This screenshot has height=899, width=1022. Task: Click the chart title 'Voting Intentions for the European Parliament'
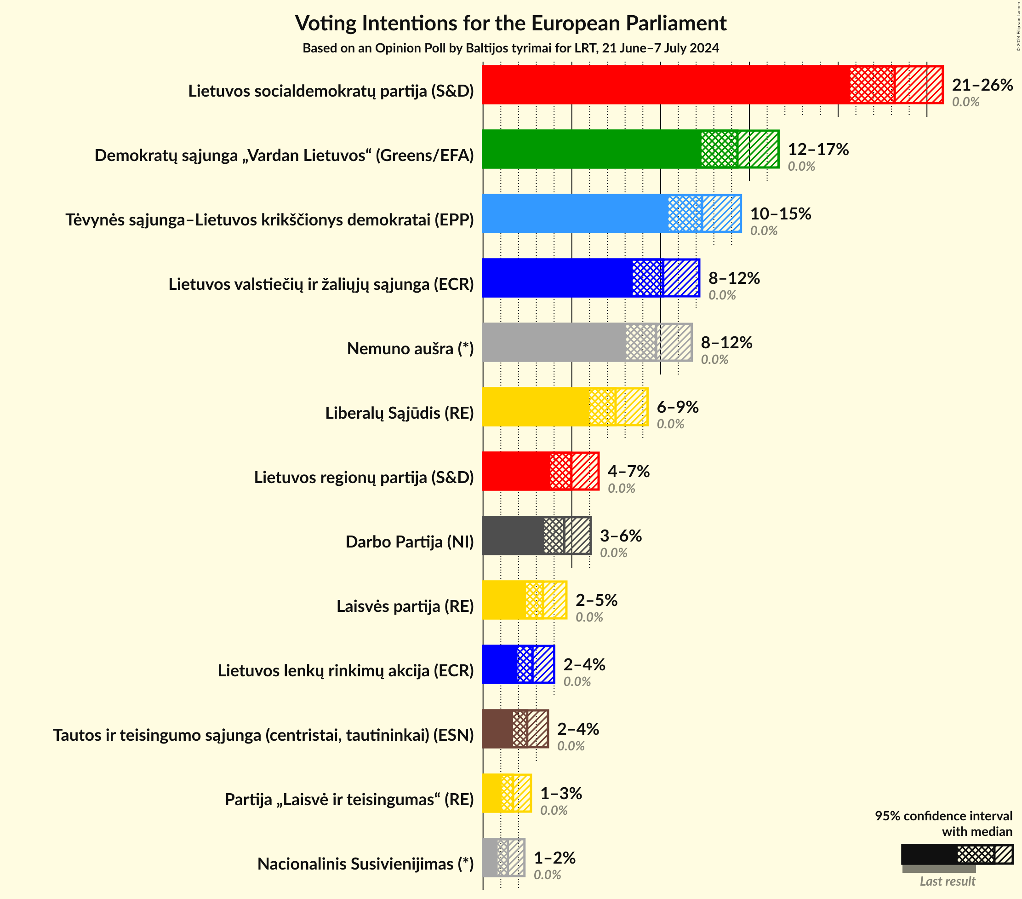(x=510, y=23)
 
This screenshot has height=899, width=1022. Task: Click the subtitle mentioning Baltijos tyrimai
(x=510, y=48)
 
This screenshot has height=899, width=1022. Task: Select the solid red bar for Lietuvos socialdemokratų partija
(x=665, y=85)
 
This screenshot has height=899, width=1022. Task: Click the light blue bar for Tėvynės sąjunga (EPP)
(x=575, y=213)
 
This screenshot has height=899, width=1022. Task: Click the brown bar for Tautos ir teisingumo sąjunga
(x=497, y=729)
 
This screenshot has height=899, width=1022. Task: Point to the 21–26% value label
(x=982, y=85)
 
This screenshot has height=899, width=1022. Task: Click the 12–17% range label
(x=818, y=150)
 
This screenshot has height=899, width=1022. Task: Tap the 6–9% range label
(x=677, y=407)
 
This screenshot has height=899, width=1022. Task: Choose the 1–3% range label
(x=561, y=794)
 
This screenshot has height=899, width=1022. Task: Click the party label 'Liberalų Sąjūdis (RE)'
(x=399, y=413)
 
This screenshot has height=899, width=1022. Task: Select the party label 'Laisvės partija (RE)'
(x=405, y=606)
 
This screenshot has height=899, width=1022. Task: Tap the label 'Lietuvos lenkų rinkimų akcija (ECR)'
(x=345, y=671)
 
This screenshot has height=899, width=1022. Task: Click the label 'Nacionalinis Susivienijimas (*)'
(x=365, y=864)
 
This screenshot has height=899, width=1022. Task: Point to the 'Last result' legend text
(x=947, y=882)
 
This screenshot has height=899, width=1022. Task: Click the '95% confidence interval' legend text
(x=943, y=816)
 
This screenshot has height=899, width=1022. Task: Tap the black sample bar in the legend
(x=929, y=854)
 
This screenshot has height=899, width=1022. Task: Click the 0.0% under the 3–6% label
(x=613, y=553)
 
